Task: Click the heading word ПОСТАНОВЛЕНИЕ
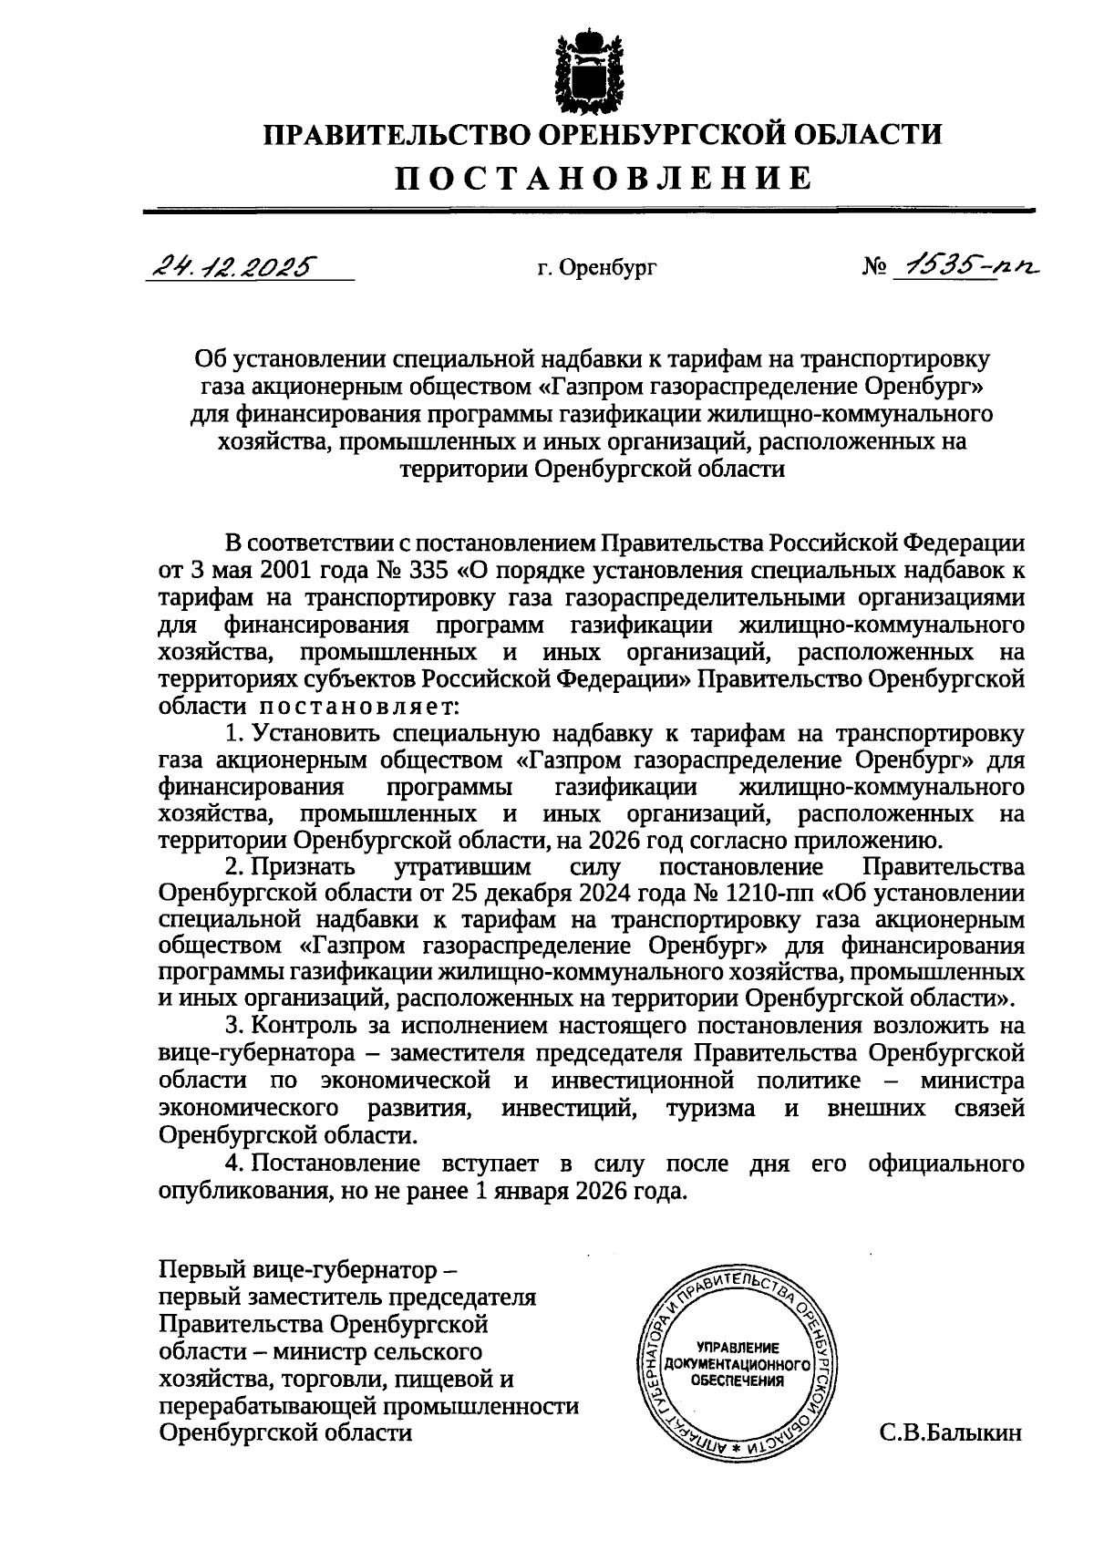click(x=603, y=176)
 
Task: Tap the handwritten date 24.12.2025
click(x=233, y=265)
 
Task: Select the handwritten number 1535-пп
click(x=965, y=265)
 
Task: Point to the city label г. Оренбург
click(x=597, y=268)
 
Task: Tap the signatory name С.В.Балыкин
click(x=951, y=1432)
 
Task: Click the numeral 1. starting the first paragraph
click(x=234, y=734)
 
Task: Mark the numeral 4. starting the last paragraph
click(x=234, y=1163)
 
